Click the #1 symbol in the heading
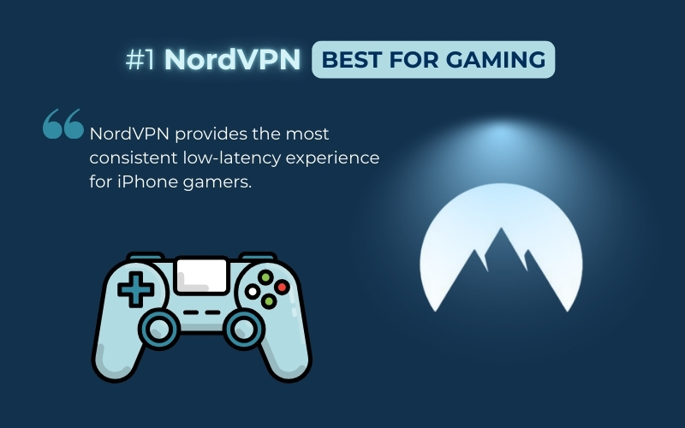[140, 59]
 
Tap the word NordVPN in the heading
[231, 59]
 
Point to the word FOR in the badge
[417, 60]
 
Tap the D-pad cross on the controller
[134, 290]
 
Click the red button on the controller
[281, 287]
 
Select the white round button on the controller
[253, 292]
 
